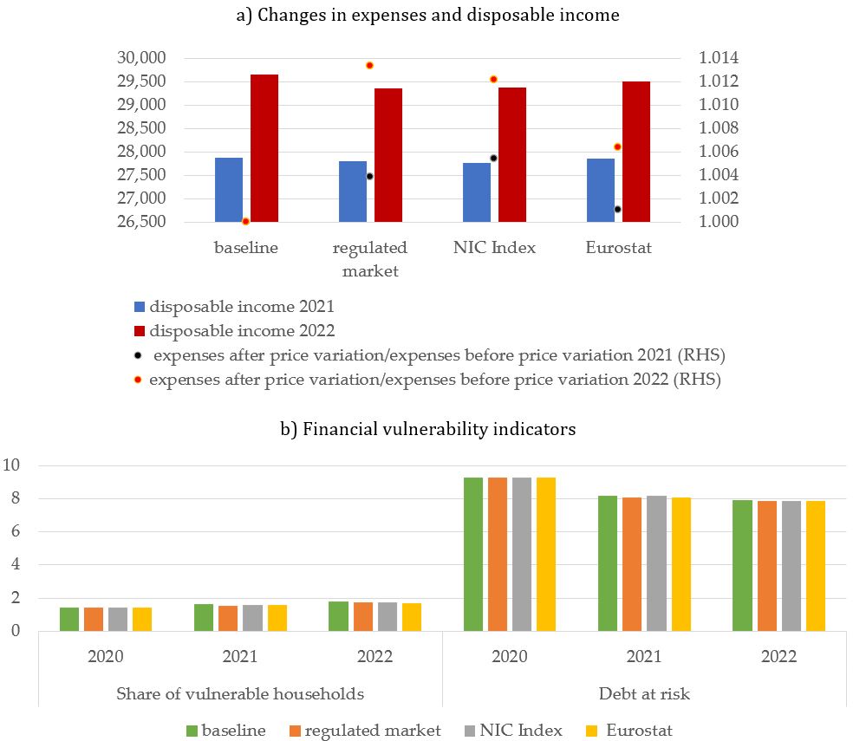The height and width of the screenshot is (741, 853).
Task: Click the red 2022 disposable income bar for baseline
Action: click(x=264, y=148)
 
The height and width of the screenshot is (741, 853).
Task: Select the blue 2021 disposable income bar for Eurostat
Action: click(x=601, y=191)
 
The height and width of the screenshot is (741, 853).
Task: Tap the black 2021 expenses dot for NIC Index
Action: click(x=493, y=159)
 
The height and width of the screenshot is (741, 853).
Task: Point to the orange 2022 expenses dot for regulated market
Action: click(x=369, y=65)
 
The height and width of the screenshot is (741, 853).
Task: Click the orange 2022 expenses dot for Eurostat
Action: click(x=617, y=146)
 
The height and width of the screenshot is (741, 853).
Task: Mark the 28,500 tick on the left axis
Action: click(x=141, y=128)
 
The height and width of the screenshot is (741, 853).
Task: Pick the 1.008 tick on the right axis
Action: click(x=719, y=128)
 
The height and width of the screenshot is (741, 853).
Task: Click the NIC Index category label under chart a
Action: click(x=494, y=248)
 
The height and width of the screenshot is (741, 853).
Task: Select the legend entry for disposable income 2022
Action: click(x=234, y=331)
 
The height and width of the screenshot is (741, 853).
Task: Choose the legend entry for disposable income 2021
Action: click(x=234, y=306)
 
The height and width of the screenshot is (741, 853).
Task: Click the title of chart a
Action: click(x=427, y=15)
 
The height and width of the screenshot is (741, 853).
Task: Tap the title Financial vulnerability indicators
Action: click(x=439, y=429)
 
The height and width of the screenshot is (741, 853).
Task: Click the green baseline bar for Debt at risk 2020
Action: click(x=473, y=555)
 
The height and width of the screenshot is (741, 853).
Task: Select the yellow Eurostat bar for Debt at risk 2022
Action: click(x=816, y=566)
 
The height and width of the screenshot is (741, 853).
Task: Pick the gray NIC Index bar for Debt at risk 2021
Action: click(x=656, y=563)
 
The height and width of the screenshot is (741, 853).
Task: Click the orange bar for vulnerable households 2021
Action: click(x=228, y=619)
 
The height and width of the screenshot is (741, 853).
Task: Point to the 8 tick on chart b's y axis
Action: click(x=15, y=498)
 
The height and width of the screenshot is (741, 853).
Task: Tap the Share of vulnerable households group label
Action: click(x=240, y=693)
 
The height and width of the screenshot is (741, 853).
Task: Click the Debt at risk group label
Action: click(x=644, y=693)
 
